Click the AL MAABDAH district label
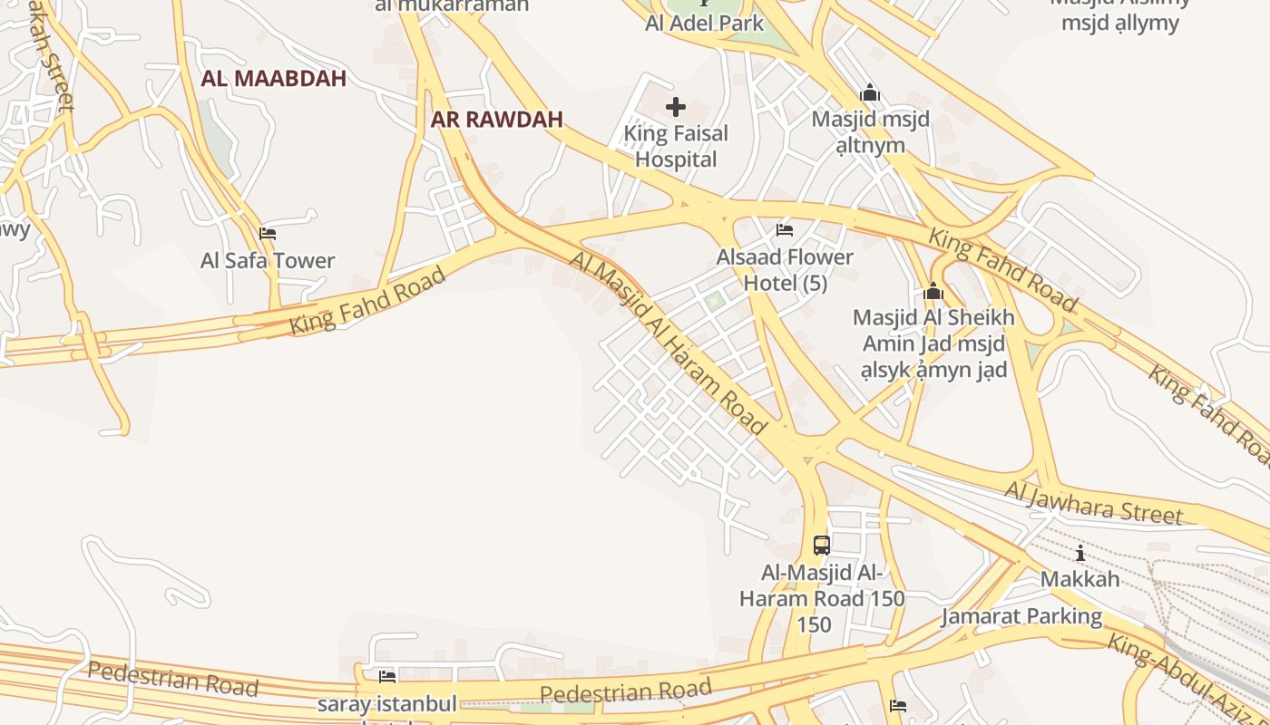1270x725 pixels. pyautogui.click(x=273, y=78)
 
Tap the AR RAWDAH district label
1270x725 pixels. pyautogui.click(x=496, y=119)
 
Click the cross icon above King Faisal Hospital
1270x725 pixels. pyautogui.click(x=676, y=107)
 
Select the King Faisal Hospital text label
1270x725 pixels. pyautogui.click(x=676, y=147)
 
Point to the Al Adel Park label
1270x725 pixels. pyautogui.click(x=705, y=24)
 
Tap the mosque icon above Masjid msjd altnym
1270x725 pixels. pyautogui.click(x=870, y=92)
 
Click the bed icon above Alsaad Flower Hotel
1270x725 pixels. pyautogui.click(x=785, y=230)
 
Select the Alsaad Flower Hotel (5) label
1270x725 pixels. pyautogui.click(x=785, y=270)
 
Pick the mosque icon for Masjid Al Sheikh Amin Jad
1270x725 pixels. pyautogui.click(x=933, y=292)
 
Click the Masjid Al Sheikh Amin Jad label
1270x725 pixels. pyautogui.click(x=933, y=343)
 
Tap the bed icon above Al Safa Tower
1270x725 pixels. pyautogui.click(x=268, y=234)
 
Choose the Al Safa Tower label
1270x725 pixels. pyautogui.click(x=268, y=261)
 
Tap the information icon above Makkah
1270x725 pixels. pyautogui.click(x=1079, y=554)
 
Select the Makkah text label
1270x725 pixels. pyautogui.click(x=1079, y=579)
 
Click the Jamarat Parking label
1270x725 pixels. pyautogui.click(x=1021, y=617)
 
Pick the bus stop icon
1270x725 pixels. pyautogui.click(x=822, y=546)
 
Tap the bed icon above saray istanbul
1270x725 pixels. pyautogui.click(x=387, y=677)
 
